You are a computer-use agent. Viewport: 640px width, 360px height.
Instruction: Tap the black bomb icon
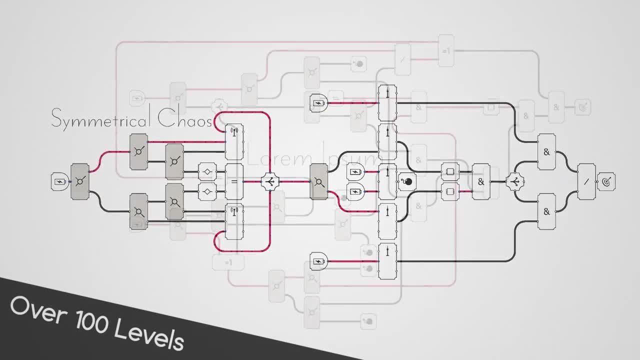point(407,181)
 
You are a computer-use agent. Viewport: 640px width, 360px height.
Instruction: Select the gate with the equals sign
point(234,181)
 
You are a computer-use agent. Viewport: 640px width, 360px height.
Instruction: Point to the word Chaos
point(185,119)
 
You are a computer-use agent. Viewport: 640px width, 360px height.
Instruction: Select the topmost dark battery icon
point(318,103)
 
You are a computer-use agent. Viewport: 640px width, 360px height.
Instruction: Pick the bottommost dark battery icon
point(318,261)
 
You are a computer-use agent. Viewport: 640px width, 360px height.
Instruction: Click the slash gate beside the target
point(586,182)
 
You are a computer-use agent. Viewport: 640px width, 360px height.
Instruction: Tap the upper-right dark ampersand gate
point(546,152)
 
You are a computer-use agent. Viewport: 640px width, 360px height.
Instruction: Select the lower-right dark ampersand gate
point(546,211)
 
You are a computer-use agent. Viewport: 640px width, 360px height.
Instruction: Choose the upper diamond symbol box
point(206,172)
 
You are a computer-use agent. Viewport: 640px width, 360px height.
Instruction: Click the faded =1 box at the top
point(446,51)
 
